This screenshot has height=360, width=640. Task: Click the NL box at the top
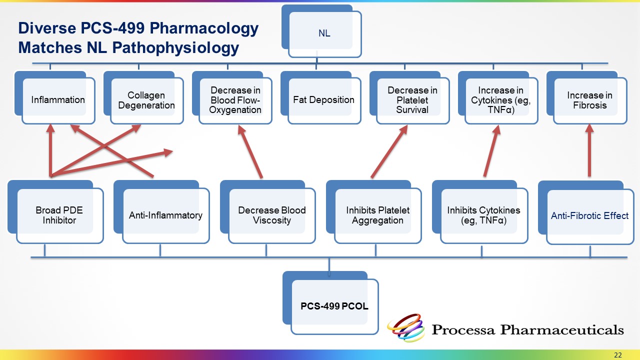pyautogui.click(x=324, y=34)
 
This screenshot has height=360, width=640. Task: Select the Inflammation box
pyautogui.click(x=58, y=99)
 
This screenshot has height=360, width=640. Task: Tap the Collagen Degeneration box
pyautogui.click(x=144, y=100)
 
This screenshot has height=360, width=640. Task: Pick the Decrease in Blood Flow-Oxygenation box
pyautogui.click(x=235, y=100)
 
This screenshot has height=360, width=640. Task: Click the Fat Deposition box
pyautogui.click(x=323, y=99)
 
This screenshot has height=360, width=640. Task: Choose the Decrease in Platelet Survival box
pyautogui.click(x=412, y=100)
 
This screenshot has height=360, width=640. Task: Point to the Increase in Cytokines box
pyautogui.click(x=500, y=100)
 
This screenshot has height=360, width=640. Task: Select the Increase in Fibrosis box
pyautogui.click(x=589, y=100)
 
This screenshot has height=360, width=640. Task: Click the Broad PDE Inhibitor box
pyautogui.click(x=59, y=215)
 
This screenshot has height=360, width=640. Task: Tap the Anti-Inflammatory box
pyautogui.click(x=165, y=215)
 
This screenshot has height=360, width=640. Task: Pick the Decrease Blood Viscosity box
pyautogui.click(x=271, y=215)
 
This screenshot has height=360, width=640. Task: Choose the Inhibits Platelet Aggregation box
pyautogui.click(x=377, y=215)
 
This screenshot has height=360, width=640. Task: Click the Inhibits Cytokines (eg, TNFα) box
pyautogui.click(x=483, y=215)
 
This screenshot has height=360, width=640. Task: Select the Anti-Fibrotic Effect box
pyautogui.click(x=589, y=216)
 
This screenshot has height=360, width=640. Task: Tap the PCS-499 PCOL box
pyautogui.click(x=334, y=306)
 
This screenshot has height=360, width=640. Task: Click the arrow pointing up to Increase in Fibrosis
pyautogui.click(x=589, y=150)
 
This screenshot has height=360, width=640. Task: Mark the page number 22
pyautogui.click(x=618, y=355)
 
